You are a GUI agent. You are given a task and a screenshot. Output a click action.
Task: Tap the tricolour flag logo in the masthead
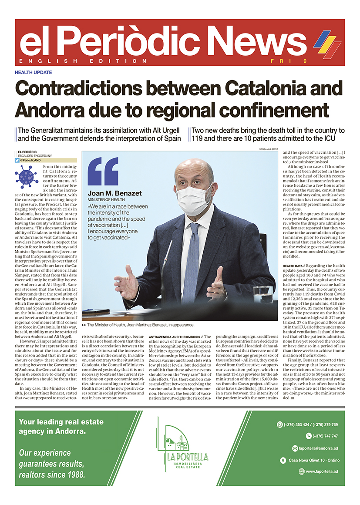pyautogui.click(x=327, y=44)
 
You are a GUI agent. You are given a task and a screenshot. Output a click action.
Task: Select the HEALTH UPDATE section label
pyautogui.click(x=33, y=72)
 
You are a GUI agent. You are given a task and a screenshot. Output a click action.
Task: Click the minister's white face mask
pyautogui.click(x=193, y=199)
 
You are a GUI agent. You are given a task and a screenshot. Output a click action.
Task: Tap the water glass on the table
pyautogui.click(x=262, y=294)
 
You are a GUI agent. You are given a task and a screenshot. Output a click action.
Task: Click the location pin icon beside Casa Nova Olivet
pyautogui.click(x=284, y=460)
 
